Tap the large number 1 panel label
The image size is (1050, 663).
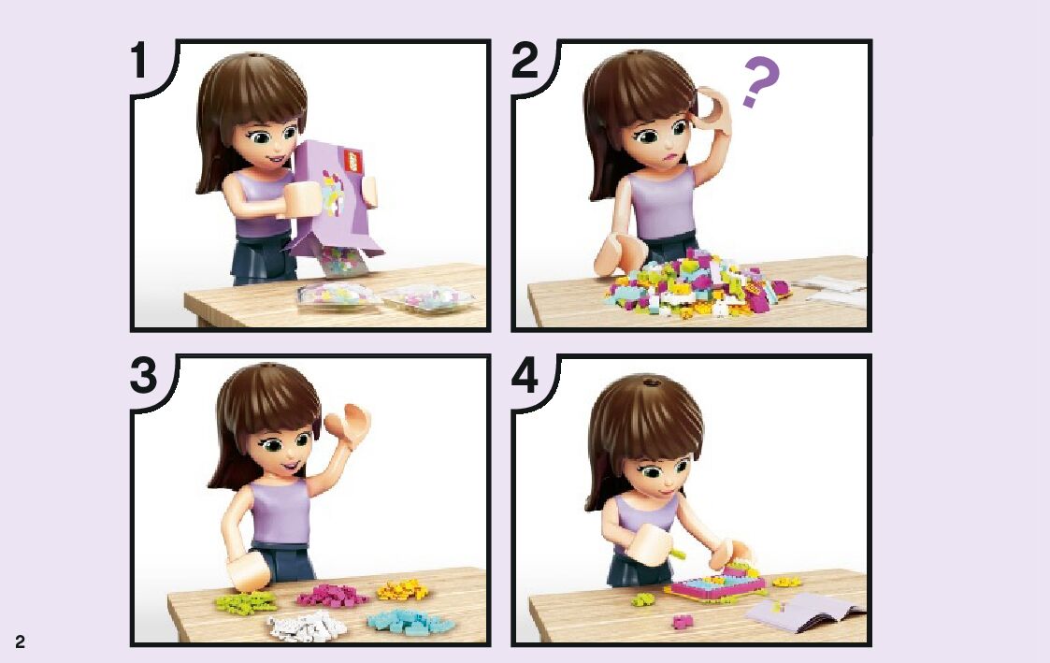(138, 60)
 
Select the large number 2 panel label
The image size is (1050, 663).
(525, 60)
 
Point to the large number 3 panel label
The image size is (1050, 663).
(143, 375)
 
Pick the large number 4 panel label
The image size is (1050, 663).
(525, 375)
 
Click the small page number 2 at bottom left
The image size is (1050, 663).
(20, 641)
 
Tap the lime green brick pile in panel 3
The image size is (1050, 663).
(246, 601)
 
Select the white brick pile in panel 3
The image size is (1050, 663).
(307, 627)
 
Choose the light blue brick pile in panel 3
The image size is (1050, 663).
(410, 622)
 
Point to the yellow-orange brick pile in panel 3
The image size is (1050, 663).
(402, 589)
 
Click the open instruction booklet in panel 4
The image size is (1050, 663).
(805, 611)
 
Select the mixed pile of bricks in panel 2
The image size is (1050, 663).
(697, 282)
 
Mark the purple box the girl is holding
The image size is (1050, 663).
(332, 197)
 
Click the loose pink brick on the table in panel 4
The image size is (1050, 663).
(683, 622)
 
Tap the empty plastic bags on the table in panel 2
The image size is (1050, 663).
(830, 291)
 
